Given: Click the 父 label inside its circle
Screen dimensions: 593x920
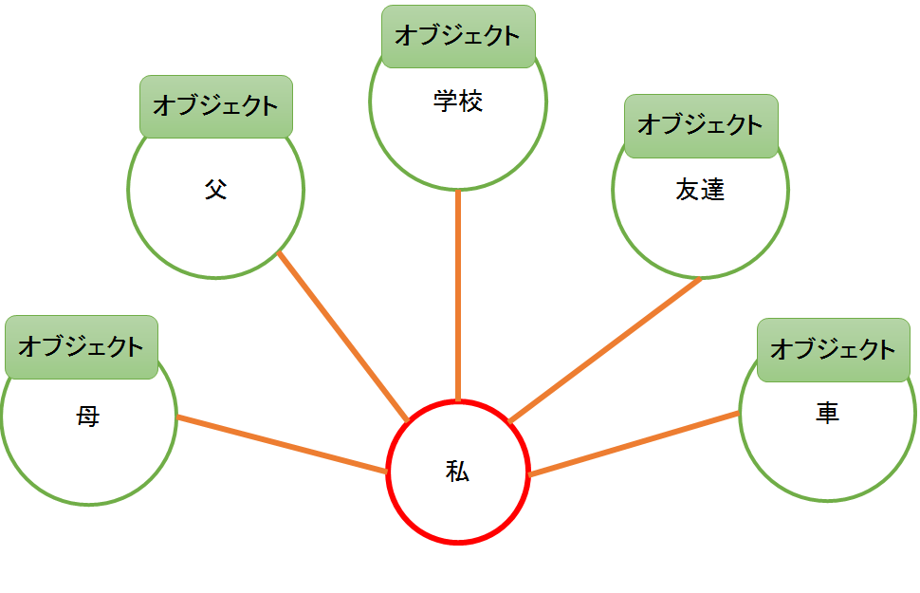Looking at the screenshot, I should pos(216,189).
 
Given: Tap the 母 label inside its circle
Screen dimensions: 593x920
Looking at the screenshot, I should pos(88,416).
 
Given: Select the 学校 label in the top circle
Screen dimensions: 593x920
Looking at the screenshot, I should pos(458,101).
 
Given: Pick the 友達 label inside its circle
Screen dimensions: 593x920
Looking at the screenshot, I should pos(700,190).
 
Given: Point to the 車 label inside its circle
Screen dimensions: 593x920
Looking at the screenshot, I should pos(827,413).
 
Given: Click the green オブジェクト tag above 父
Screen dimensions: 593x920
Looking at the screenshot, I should pos(216,105).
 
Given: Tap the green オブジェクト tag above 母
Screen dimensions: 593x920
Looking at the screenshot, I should pos(82,346).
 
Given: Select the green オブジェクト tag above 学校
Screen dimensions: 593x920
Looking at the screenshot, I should pos(458,36).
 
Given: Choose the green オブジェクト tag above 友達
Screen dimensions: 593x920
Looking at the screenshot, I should pos(701,125).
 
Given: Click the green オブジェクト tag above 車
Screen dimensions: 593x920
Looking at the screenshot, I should pos(833,350).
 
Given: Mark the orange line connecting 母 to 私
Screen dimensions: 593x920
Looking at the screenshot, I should pos(283,445).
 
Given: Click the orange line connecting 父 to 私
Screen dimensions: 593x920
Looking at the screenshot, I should pos(343,337).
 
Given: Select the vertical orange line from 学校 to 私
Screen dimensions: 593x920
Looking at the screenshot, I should pos(458,294).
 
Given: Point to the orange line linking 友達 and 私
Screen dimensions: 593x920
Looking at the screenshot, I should pos(605,349).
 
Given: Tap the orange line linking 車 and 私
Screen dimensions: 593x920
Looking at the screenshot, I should pos(634,443).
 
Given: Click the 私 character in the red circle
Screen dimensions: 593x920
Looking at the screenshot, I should pos(458,472).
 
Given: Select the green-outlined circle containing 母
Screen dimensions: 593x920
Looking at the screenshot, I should pos(88,465).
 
